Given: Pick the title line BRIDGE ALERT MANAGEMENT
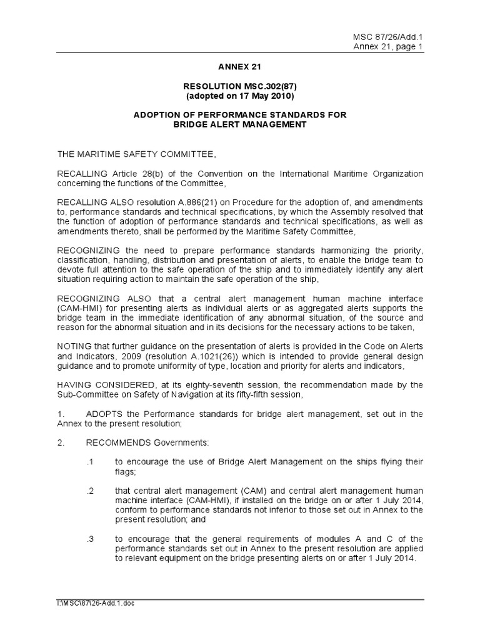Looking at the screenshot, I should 240,124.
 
